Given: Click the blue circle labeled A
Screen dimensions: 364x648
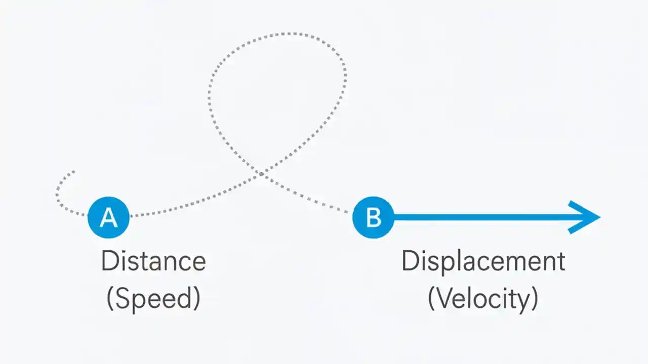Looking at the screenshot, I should (x=108, y=217).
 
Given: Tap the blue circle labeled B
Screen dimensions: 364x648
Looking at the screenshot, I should (x=373, y=217).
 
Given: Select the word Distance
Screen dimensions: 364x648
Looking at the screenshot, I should (x=153, y=261).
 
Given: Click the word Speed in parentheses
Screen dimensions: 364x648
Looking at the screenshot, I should (x=153, y=299).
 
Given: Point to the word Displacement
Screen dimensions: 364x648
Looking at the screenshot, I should (x=483, y=261).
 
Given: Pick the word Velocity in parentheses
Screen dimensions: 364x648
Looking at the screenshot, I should (x=483, y=299).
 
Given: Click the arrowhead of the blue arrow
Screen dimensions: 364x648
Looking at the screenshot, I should (x=587, y=217).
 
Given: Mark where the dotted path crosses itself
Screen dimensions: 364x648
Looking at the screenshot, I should (x=261, y=173).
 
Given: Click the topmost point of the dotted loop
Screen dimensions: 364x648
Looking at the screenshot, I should (x=289, y=34).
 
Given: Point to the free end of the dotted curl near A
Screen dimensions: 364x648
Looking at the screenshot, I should (x=74, y=172).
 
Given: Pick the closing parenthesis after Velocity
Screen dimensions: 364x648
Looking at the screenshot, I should (x=534, y=299).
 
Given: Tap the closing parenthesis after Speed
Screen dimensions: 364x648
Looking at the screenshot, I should (x=196, y=299).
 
